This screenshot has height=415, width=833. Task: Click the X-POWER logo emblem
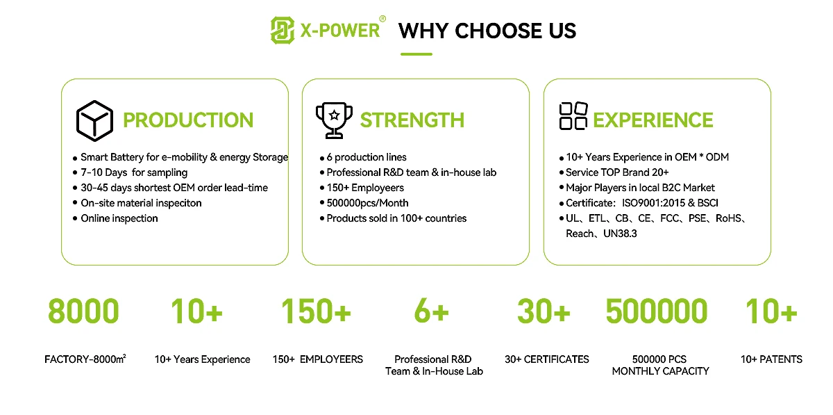click(x=283, y=30)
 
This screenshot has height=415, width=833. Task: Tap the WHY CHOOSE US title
click(x=487, y=31)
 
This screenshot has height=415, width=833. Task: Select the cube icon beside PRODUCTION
click(x=94, y=121)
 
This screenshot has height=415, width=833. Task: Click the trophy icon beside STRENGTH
click(x=334, y=120)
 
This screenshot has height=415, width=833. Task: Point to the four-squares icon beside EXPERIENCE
click(x=573, y=116)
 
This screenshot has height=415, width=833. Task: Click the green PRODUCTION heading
click(x=188, y=120)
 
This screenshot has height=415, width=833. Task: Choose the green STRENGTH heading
click(x=412, y=120)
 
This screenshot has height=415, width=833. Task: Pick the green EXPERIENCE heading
click(x=653, y=120)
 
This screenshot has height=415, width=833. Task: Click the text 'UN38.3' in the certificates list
click(x=620, y=234)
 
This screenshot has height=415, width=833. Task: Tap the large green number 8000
click(x=83, y=311)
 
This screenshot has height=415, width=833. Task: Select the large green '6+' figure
click(x=432, y=311)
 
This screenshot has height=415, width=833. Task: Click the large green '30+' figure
click(x=544, y=311)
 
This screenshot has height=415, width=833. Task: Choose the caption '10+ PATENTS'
click(x=771, y=359)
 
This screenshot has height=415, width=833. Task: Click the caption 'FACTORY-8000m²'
click(x=85, y=359)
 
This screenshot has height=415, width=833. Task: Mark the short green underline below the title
click(x=416, y=54)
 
